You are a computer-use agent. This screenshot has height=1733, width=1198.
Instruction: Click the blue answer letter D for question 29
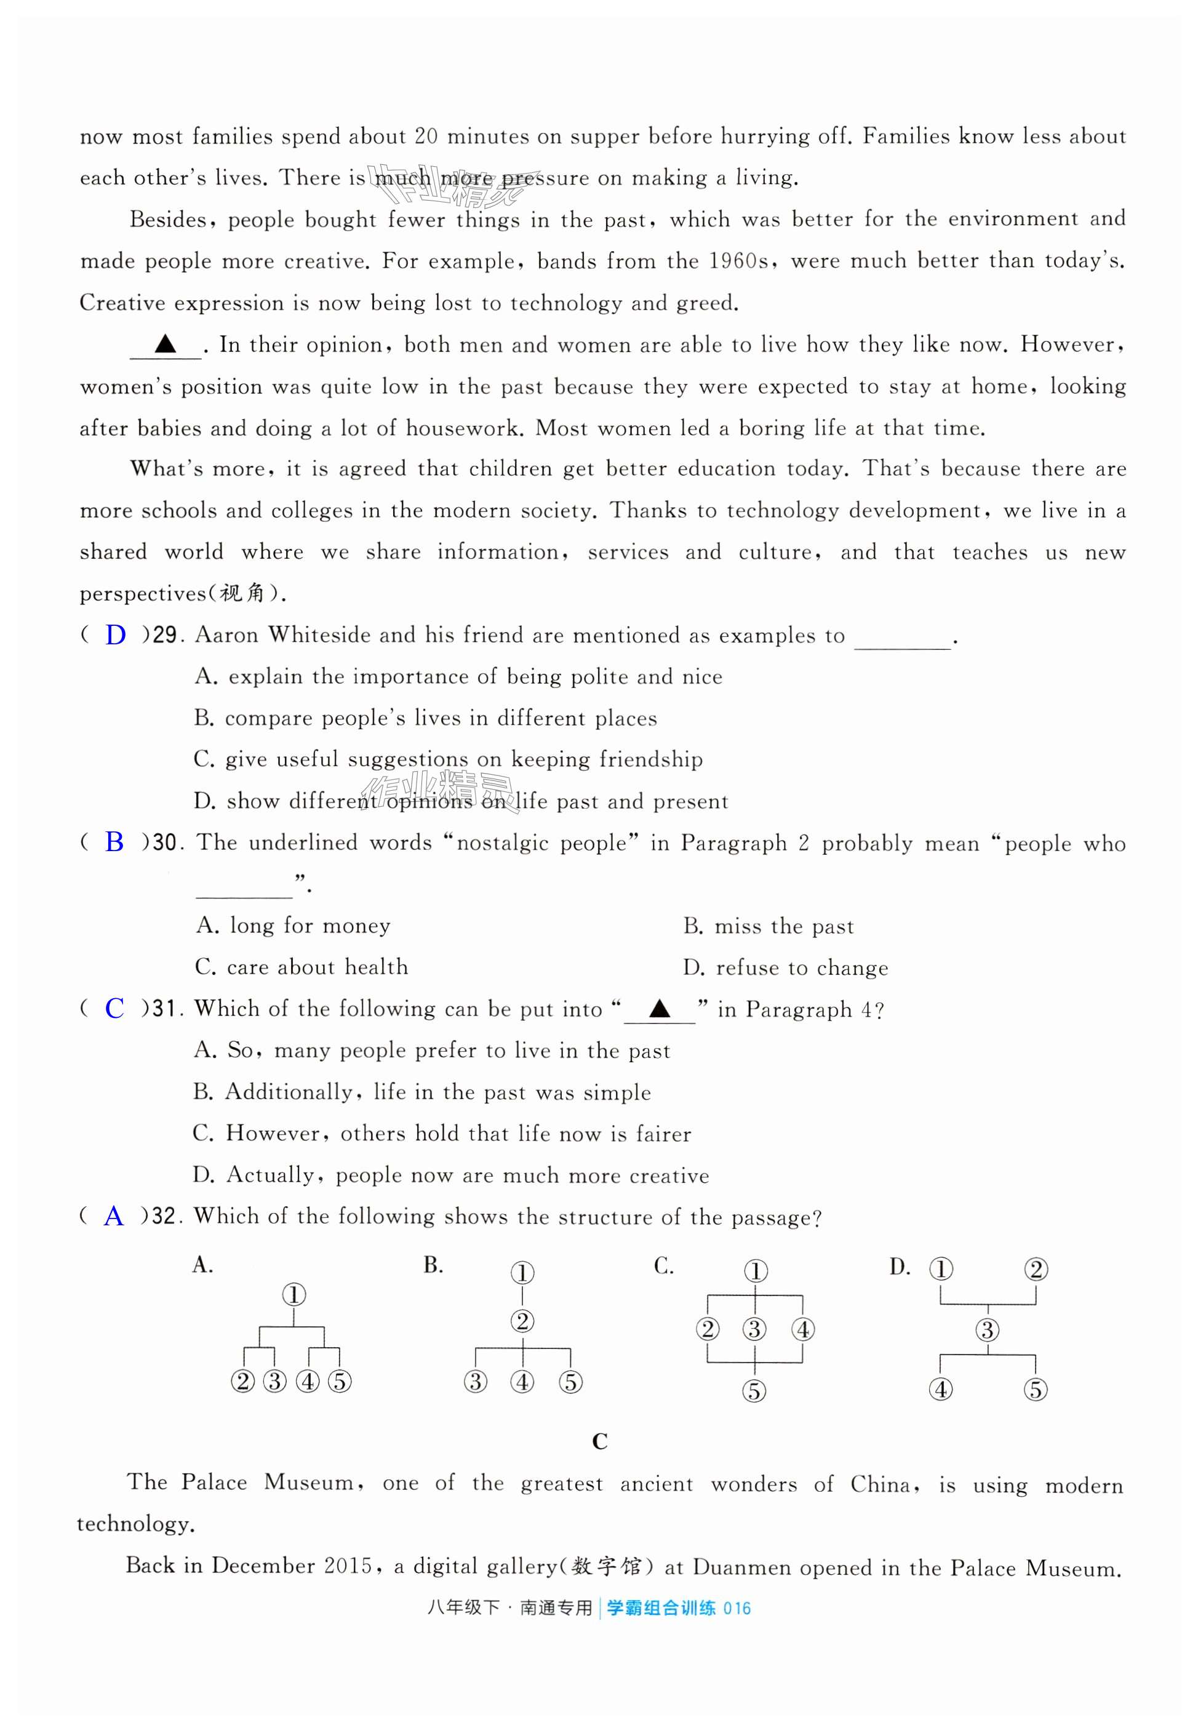[x=115, y=636]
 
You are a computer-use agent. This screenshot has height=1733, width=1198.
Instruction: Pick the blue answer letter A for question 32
[x=113, y=1216]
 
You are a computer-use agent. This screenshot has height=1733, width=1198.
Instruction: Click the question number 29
[x=164, y=636]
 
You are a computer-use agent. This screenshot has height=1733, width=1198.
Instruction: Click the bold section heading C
[x=599, y=1442]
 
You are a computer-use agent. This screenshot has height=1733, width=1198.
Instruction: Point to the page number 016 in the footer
[x=737, y=1609]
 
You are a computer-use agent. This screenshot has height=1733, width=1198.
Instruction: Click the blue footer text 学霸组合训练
[x=661, y=1609]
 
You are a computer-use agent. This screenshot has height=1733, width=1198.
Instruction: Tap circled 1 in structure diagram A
[x=294, y=1295]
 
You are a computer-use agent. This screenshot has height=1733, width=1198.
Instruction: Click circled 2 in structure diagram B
[x=522, y=1321]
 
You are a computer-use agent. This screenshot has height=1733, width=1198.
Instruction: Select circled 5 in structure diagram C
[x=754, y=1391]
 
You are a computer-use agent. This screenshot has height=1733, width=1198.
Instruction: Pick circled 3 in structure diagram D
[x=987, y=1330]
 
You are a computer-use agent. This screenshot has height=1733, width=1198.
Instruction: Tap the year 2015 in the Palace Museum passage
[x=348, y=1566]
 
